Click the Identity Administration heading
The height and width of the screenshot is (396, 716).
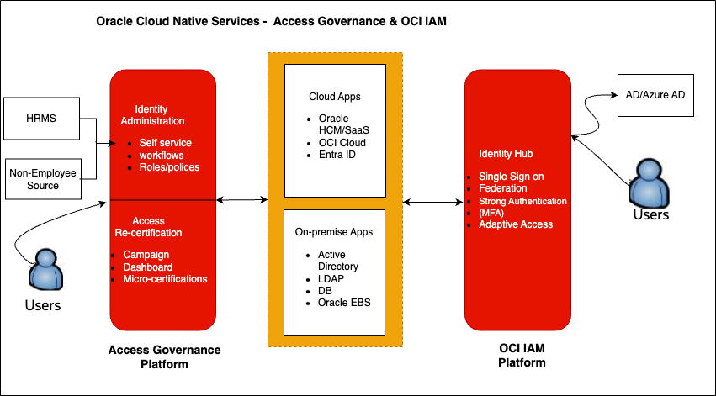click(x=160, y=115)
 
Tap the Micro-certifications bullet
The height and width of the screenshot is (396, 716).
click(x=165, y=278)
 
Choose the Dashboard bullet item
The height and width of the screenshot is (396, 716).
click(x=148, y=267)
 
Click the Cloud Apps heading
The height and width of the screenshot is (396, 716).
click(x=335, y=97)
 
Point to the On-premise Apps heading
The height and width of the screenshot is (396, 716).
click(x=335, y=232)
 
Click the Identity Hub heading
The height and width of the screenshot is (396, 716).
click(x=506, y=155)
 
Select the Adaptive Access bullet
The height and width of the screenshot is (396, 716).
click(x=516, y=224)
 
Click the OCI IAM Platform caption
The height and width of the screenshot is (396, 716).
click(x=517, y=356)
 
